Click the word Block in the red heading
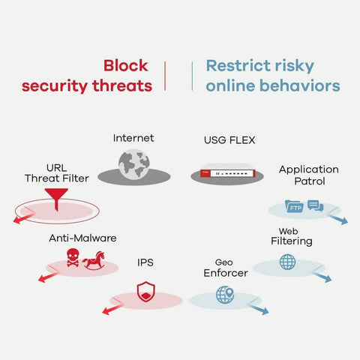(126, 65)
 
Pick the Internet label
(134, 138)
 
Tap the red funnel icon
(55, 199)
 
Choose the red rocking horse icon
(95, 259)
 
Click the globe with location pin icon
(225, 295)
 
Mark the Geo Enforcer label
(225, 268)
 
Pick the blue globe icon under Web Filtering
(287, 262)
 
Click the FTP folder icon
(294, 205)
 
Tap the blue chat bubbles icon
(314, 205)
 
